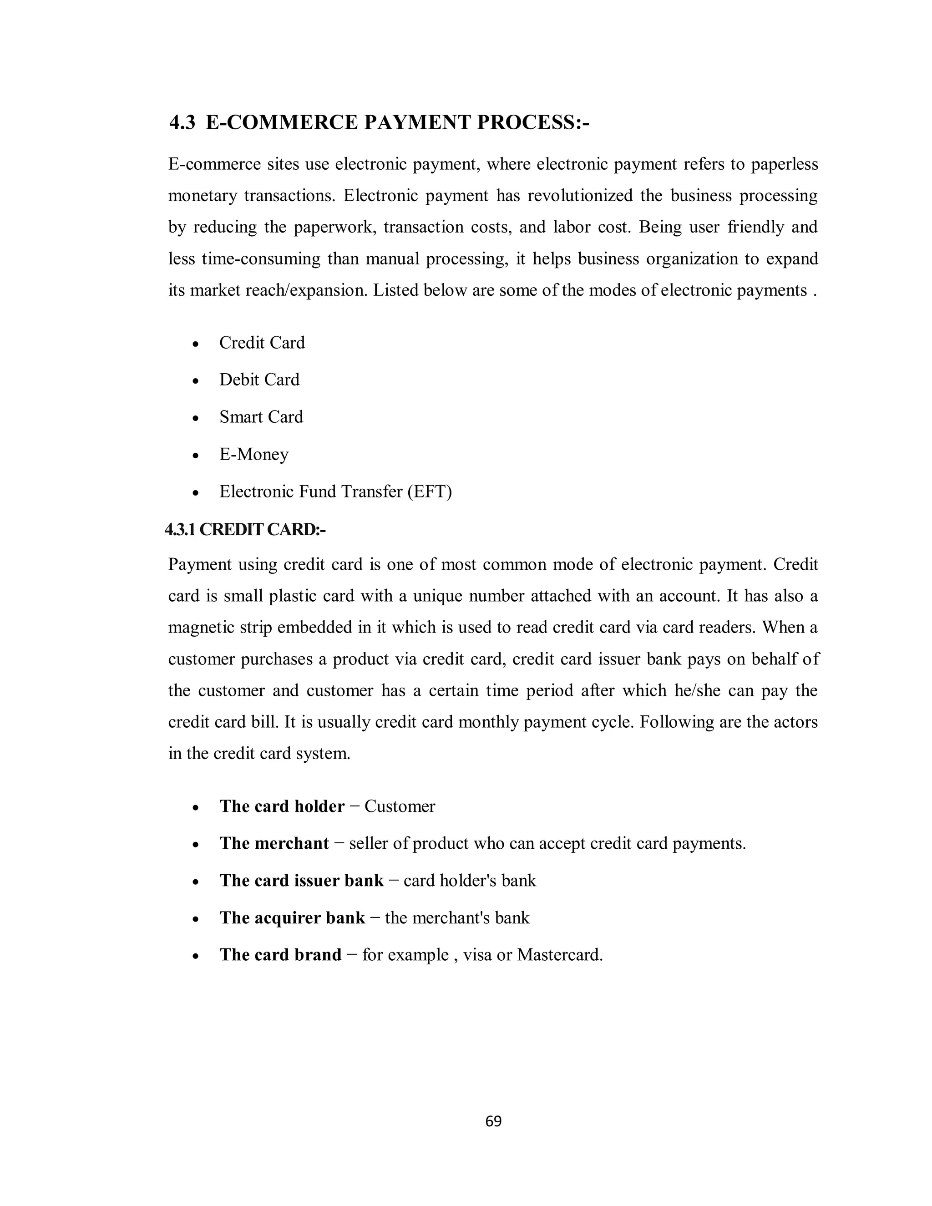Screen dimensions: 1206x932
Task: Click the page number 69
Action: click(x=493, y=1121)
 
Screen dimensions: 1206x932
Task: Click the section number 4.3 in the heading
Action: click(x=182, y=122)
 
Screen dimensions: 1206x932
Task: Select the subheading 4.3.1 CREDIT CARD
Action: click(x=245, y=530)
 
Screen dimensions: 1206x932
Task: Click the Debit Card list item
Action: click(x=259, y=380)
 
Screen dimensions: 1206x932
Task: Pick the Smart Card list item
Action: click(x=261, y=417)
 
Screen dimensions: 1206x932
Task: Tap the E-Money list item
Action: click(x=253, y=455)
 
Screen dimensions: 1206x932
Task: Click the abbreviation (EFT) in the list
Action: click(x=430, y=492)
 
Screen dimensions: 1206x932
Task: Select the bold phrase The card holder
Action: click(x=282, y=806)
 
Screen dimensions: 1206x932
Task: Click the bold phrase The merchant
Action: click(x=274, y=843)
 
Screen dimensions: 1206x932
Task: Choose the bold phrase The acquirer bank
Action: click(x=292, y=918)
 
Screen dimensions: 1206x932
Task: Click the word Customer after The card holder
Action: click(x=400, y=806)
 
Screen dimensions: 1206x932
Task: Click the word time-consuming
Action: click(x=261, y=258)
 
